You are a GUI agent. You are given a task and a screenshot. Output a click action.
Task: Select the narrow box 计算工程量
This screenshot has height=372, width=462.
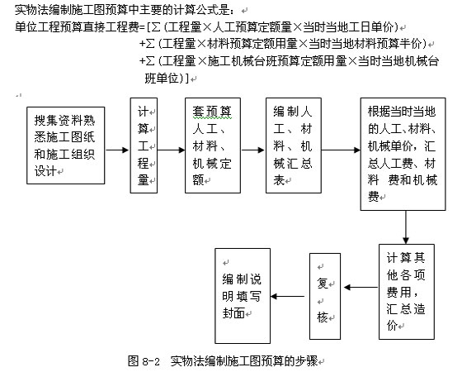(x=142, y=145)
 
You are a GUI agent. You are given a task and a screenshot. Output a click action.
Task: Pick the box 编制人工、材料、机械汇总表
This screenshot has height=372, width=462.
(x=293, y=145)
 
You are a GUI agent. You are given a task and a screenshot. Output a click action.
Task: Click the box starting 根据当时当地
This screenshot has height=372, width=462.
(x=404, y=155)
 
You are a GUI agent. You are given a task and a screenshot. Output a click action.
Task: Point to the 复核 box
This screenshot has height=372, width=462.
(x=323, y=296)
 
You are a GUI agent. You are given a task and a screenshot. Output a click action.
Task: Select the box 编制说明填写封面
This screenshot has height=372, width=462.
(x=243, y=295)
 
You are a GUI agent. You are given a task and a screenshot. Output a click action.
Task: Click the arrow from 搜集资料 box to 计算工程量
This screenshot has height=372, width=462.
(x=117, y=150)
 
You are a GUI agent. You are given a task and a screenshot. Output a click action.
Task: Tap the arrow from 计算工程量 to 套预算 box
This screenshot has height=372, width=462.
(x=170, y=150)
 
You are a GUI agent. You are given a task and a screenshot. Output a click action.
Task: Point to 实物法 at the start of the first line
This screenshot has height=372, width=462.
(x=30, y=9)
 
